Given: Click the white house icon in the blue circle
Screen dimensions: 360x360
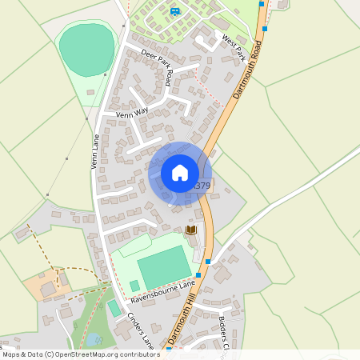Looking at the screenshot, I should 180,173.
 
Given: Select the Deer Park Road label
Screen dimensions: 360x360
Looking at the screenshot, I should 157,66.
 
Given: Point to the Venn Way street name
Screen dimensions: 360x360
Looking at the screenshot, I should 133,115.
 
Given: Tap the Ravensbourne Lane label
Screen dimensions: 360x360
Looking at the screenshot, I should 164,290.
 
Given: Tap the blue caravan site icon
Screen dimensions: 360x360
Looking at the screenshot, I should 174,10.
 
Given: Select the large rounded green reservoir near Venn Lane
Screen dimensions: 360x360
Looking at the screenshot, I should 86,50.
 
